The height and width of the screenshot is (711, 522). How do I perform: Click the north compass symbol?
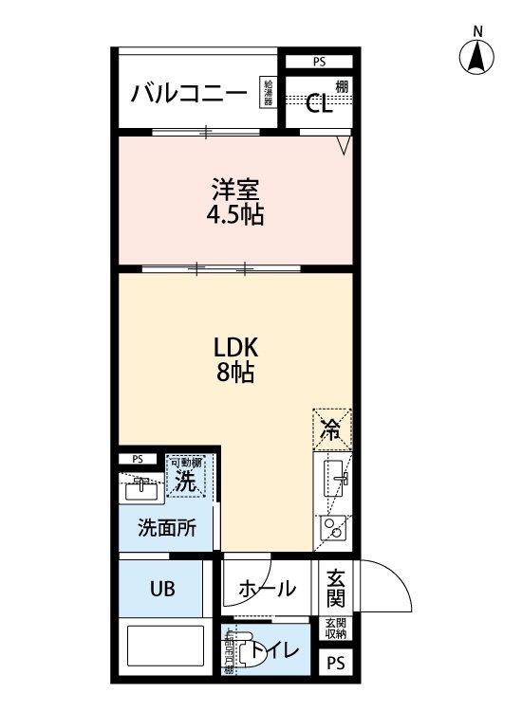click(477, 58)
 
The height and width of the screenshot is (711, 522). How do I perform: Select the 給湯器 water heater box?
click(270, 93)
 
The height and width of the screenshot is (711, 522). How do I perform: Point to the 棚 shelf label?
click(341, 87)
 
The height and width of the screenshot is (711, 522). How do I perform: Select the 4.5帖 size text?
click(234, 215)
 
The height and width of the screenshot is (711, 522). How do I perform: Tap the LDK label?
click(234, 345)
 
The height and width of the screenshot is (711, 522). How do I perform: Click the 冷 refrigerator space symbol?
click(331, 428)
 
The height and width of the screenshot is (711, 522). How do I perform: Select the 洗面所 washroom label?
click(167, 528)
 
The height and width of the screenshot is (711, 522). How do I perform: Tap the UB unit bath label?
click(160, 588)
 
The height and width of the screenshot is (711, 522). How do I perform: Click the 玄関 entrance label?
click(335, 588)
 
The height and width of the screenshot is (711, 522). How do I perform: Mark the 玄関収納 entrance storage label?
click(336, 628)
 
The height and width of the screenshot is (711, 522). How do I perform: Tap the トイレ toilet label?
click(278, 651)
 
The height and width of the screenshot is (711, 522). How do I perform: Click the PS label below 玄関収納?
click(336, 662)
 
